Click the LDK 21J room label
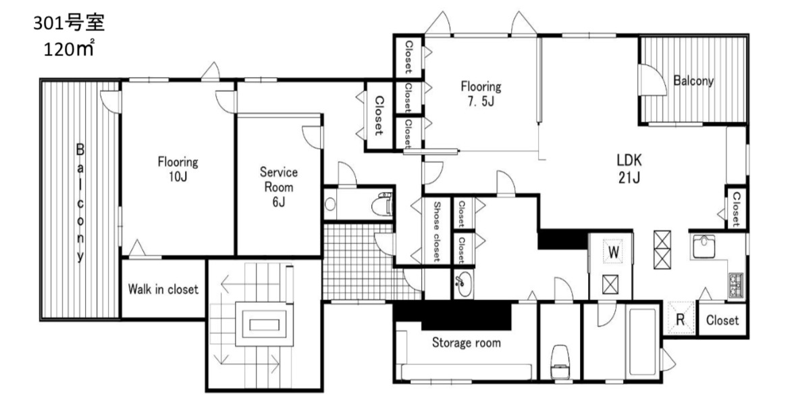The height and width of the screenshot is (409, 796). (x=629, y=169)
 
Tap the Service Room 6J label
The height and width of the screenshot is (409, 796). (x=278, y=187)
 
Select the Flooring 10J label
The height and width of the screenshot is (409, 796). (x=178, y=170)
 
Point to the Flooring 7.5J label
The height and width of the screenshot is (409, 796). (x=481, y=93)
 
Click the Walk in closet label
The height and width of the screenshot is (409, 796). (x=163, y=289)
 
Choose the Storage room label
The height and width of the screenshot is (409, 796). (x=466, y=343)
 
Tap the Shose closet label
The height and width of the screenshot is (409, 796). (x=436, y=231)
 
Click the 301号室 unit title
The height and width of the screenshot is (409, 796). (x=69, y=23)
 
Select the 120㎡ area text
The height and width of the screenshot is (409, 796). (x=69, y=49)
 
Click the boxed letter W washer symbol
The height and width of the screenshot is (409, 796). (x=614, y=252)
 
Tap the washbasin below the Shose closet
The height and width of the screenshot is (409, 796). (x=463, y=283)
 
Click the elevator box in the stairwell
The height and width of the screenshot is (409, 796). (x=264, y=323)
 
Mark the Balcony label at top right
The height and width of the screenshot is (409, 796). (x=693, y=80)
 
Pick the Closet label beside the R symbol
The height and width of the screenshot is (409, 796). (x=722, y=320)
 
